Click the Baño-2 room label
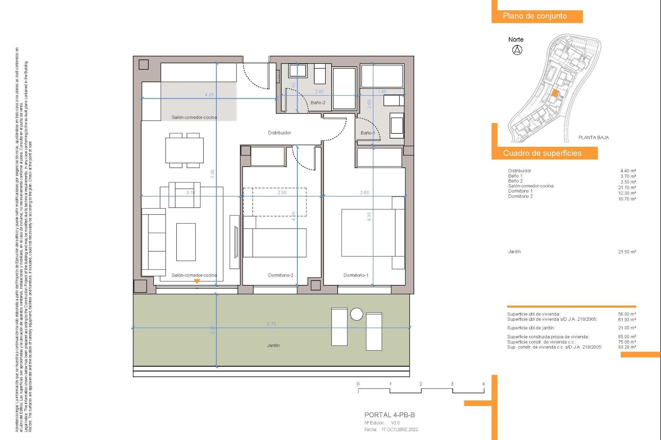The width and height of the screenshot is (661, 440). point(317,102)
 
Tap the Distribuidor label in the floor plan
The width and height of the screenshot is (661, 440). point(279,133)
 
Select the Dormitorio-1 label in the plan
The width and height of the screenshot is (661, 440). point(356,275)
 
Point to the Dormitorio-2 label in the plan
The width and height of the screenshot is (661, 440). point(281,275)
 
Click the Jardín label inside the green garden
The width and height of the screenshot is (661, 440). point(273,345)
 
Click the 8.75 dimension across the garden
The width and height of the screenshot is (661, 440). point(271,324)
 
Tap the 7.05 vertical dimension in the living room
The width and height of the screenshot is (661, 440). point(212,174)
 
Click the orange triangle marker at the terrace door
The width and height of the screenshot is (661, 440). point(197,281)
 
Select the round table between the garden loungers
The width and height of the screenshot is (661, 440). point(356,314)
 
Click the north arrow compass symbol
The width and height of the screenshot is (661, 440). point(517,50)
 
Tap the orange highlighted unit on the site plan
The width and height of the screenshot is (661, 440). point(555,93)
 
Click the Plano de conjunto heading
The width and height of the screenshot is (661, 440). point(535,16)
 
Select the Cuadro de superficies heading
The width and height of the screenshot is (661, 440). point(542,153)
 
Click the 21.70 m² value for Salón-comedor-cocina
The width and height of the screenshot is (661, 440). point(627,188)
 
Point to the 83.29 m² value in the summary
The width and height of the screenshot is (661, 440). point(627,347)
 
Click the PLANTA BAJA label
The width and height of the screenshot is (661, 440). point(593,137)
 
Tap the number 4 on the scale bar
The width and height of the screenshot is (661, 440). point(483,384)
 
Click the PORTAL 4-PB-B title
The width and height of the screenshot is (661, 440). point(389,415)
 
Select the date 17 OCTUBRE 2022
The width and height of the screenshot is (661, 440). point(399,430)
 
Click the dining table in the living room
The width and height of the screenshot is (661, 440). point(184,151)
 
